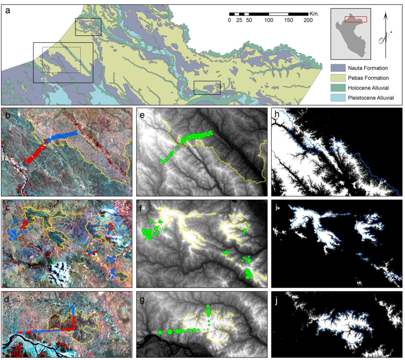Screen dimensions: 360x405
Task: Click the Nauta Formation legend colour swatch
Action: coord(338,67)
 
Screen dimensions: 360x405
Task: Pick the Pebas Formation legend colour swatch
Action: coord(338,77)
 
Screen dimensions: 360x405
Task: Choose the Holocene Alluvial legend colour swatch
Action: coord(338,87)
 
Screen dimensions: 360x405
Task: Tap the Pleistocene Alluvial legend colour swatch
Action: coord(338,98)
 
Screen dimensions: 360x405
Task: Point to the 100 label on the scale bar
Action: coord(269,20)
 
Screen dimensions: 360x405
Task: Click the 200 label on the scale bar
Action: coord(308,20)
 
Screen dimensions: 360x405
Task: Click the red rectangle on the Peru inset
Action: coord(356,19)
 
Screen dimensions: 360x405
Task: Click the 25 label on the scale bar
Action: coord(238,20)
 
